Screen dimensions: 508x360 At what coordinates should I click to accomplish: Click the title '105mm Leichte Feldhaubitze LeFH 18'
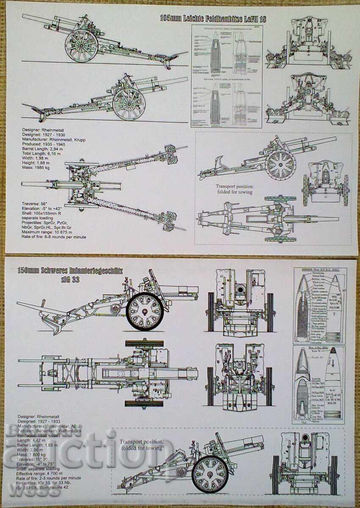pos(213,19)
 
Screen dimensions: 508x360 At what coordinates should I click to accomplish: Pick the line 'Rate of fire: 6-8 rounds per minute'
pos(54,237)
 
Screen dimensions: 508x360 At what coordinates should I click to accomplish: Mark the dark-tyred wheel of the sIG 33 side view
pos(145,311)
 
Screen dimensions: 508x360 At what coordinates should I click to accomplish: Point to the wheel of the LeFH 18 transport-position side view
pos(280,164)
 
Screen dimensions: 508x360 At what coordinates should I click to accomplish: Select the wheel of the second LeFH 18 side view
pos(128,104)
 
